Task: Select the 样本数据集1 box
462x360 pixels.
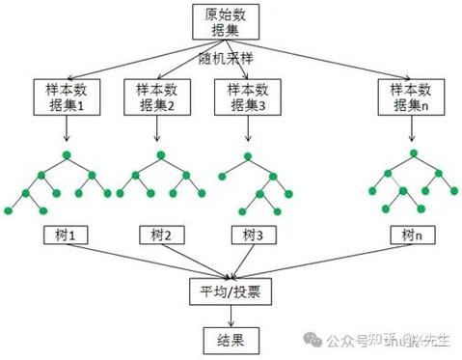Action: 66,97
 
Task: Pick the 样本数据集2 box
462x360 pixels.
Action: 156,97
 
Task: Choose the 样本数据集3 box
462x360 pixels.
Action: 245,97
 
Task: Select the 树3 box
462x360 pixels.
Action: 248,235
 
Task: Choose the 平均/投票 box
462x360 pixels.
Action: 231,290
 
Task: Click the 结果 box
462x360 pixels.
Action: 231,340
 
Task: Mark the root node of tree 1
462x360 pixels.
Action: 66,153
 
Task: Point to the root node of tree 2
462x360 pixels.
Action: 156,153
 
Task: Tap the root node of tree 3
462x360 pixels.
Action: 245,153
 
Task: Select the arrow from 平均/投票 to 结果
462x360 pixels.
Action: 231,315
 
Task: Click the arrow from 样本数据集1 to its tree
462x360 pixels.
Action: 66,131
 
